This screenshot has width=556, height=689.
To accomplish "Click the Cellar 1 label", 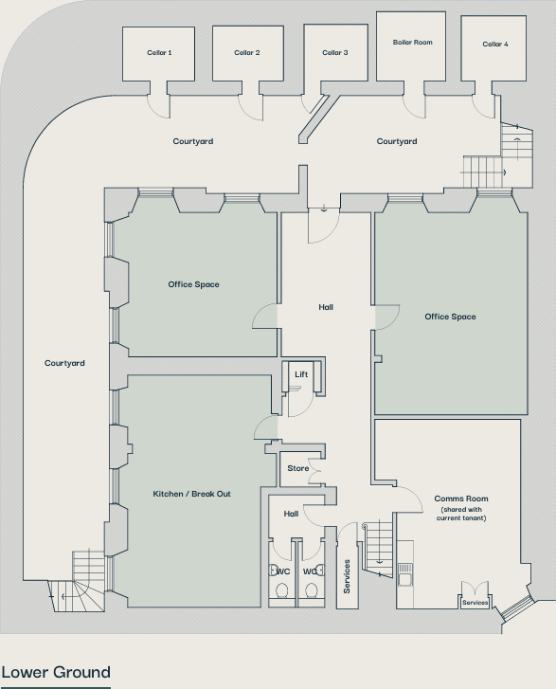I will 159,53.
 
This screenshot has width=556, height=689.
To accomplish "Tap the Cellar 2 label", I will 247,53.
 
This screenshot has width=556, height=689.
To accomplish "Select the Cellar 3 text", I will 334,53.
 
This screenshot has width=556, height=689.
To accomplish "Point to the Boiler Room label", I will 412,43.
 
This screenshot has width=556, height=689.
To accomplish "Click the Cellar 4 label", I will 494,45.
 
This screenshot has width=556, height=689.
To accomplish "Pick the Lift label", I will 301,375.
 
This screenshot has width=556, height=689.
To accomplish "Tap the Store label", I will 298,468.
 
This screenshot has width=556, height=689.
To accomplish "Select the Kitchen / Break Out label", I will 191,495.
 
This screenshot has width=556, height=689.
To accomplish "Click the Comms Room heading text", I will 461,499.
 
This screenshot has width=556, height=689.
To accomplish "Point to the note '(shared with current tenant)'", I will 461,514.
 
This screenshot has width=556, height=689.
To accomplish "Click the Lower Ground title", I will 56,673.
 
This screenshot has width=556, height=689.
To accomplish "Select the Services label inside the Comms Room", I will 475,603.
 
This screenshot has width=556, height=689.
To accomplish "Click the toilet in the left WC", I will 282,590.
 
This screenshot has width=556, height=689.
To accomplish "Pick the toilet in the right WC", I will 310,590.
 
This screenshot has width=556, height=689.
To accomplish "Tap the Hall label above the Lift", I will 326,307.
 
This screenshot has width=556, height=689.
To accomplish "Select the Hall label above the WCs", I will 291,514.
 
